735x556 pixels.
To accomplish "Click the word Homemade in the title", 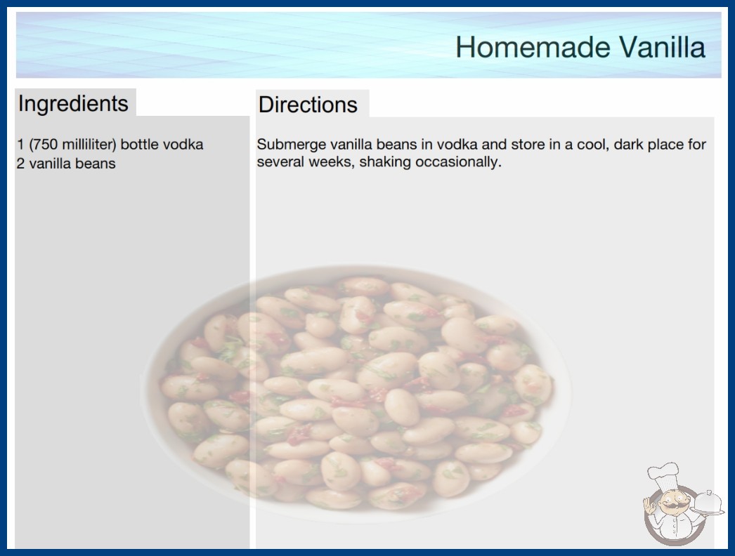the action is [533, 47].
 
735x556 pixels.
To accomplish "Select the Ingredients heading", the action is [73, 103].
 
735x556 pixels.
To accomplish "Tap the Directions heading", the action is [308, 105].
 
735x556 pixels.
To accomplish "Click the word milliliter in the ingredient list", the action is [88, 145].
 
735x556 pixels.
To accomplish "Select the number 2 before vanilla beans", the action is [20, 164].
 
